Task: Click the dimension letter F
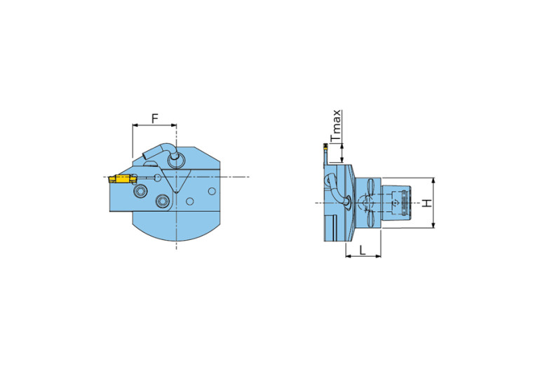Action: tap(155, 119)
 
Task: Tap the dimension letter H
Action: tap(426, 203)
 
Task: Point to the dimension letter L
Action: tap(363, 251)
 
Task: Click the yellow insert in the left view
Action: tap(122, 179)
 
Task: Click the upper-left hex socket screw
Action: tap(140, 192)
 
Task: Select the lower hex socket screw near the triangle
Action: tap(162, 201)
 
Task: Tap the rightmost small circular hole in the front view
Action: tap(212, 191)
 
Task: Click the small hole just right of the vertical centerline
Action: tap(190, 201)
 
